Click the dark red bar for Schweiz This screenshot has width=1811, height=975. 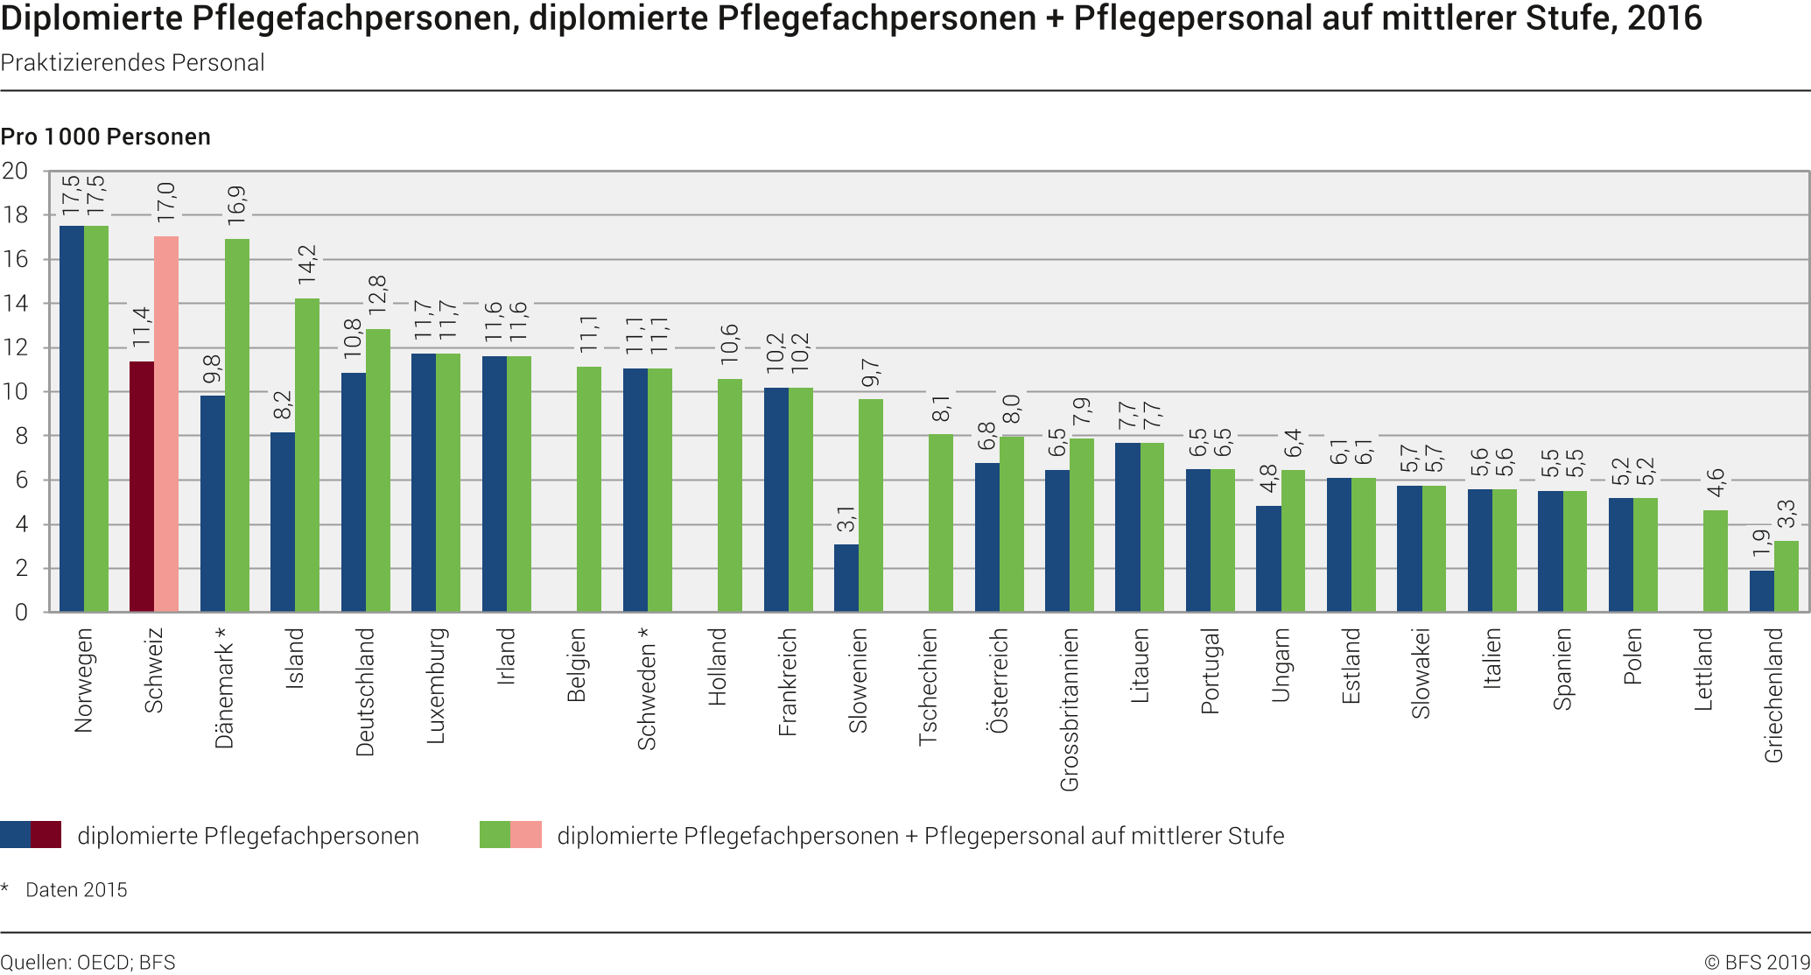coord(142,487)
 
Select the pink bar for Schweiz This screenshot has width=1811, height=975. coord(166,424)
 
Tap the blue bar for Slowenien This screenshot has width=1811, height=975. coord(846,578)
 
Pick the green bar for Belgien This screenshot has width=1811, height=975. coord(589,489)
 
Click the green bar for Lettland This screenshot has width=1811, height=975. coord(1716,561)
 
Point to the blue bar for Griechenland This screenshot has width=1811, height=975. coord(1761,591)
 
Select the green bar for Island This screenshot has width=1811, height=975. coord(307,455)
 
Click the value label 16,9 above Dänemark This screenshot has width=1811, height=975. coord(237,207)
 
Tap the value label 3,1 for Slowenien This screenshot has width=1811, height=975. coord(846,518)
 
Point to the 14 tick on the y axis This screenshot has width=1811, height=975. coord(16,304)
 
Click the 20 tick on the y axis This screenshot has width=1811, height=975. coord(16,171)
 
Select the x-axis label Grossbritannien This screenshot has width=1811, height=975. coord(1070,710)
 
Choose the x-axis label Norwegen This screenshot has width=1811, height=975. coord(83,680)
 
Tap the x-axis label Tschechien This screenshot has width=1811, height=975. coord(929,687)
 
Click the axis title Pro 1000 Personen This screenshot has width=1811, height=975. coord(106,137)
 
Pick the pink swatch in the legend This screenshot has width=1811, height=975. coord(526,835)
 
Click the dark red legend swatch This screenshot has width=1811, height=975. coord(46,835)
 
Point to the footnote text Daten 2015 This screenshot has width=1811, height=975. coord(76,890)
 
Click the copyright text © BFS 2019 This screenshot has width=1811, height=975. coord(1757,963)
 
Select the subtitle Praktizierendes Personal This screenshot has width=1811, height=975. coord(132,63)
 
